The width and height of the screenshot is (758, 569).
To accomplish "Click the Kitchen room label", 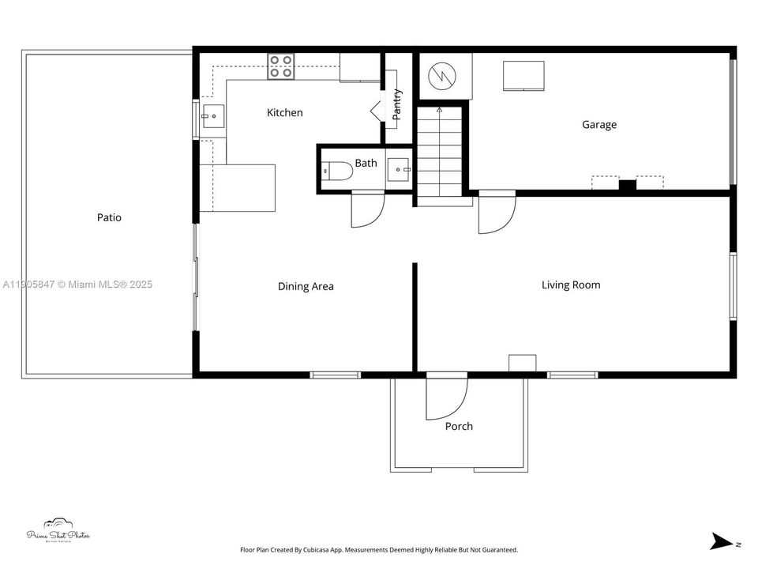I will [284, 113].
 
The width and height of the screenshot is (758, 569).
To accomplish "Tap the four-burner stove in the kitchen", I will [280, 66].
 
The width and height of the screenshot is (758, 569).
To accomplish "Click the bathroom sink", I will [399, 169].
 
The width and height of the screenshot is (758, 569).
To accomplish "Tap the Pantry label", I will [397, 104].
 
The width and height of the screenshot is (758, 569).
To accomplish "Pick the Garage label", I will [599, 125].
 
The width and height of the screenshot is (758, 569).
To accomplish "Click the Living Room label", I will [570, 284].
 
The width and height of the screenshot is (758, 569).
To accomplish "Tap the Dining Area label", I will [306, 286].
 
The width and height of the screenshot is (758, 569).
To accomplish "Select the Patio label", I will [109, 217].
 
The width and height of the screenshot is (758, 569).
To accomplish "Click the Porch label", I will [459, 427].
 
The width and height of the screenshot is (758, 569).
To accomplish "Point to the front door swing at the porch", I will [445, 397].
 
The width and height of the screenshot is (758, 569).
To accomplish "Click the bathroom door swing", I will [366, 210].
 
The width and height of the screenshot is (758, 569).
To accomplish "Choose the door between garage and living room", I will [496, 212].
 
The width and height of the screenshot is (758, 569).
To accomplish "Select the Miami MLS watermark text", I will [77, 284].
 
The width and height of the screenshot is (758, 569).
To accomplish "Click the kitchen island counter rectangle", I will [238, 187].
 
